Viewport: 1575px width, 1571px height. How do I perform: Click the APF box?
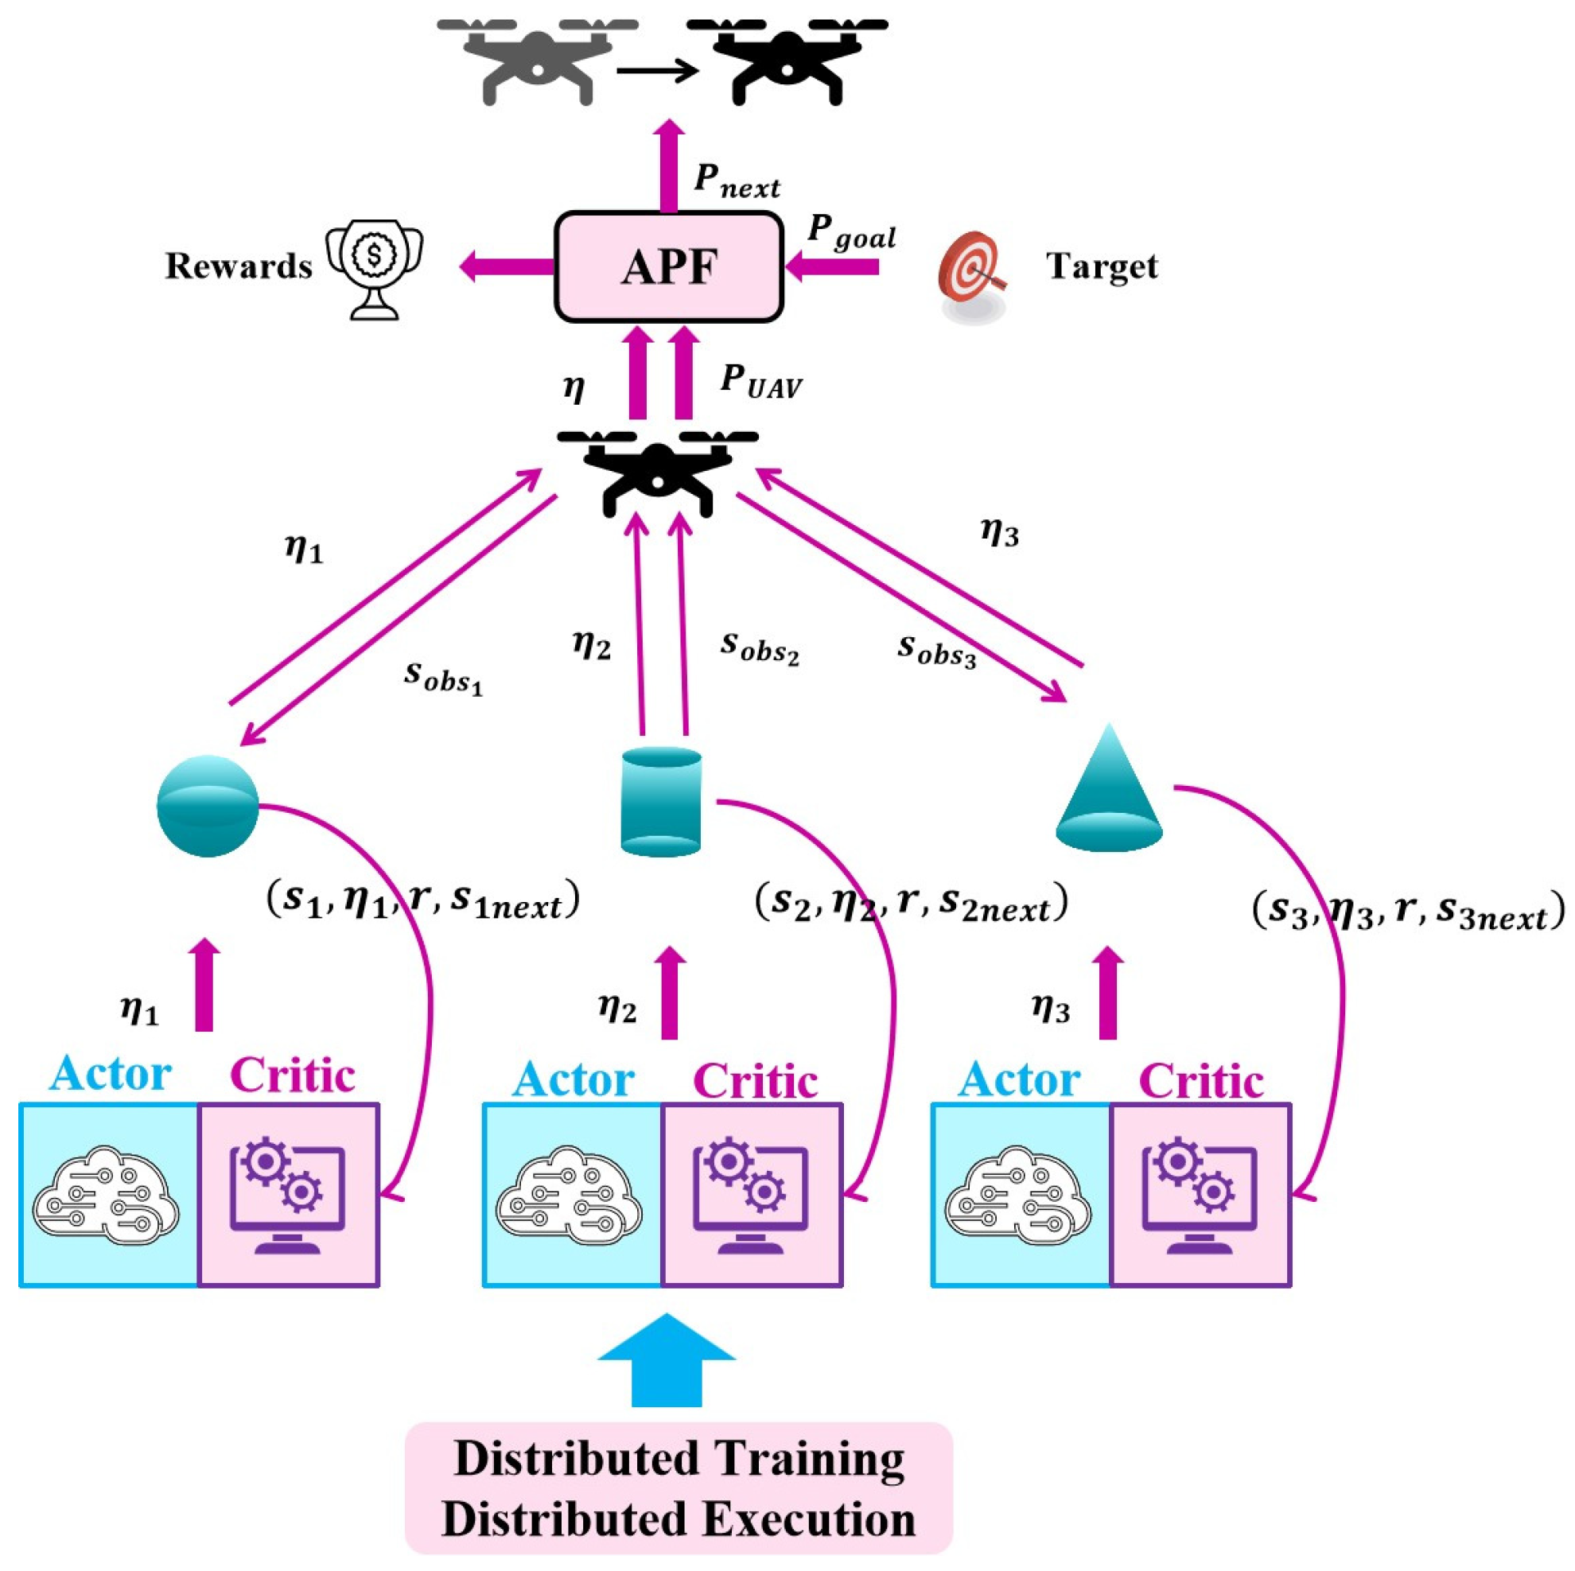click(668, 266)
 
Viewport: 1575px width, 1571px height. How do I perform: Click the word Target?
click(1102, 266)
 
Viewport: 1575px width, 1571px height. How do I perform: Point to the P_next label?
click(736, 181)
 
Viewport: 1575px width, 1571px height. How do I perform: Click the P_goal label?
click(850, 232)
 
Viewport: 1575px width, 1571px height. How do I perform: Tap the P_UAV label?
click(760, 381)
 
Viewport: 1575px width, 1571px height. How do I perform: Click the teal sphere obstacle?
click(207, 806)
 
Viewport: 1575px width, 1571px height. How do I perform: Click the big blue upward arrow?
click(666, 1359)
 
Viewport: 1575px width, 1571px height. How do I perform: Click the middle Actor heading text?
click(573, 1080)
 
